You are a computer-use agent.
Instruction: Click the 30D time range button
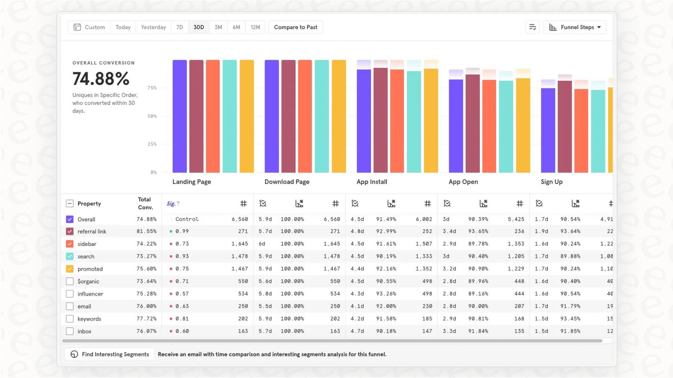pyautogui.click(x=199, y=27)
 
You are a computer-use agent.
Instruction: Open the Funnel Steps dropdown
pyautogui.click(x=574, y=27)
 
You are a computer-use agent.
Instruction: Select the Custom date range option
pyautogui.click(x=89, y=27)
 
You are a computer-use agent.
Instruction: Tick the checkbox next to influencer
pyautogui.click(x=70, y=294)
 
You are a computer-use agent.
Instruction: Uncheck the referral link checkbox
pyautogui.click(x=70, y=232)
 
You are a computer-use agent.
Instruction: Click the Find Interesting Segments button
pyautogui.click(x=109, y=354)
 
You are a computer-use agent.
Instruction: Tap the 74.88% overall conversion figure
pyautogui.click(x=101, y=79)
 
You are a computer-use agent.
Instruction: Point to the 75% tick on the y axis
pyautogui.click(x=152, y=88)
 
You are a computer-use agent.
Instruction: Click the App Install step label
pyautogui.click(x=372, y=182)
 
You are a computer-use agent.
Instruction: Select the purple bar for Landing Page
pyautogui.click(x=179, y=116)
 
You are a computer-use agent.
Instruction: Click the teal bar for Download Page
pyautogui.click(x=322, y=116)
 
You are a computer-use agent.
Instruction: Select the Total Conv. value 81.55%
pyautogui.click(x=146, y=232)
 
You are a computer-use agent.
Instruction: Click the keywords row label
pyautogui.click(x=89, y=319)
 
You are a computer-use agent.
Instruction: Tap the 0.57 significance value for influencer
pyautogui.click(x=182, y=294)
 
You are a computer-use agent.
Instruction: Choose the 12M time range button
pyautogui.click(x=255, y=27)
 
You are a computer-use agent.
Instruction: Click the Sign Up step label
pyautogui.click(x=552, y=182)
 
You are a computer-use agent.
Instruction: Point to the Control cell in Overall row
pyautogui.click(x=187, y=219)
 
